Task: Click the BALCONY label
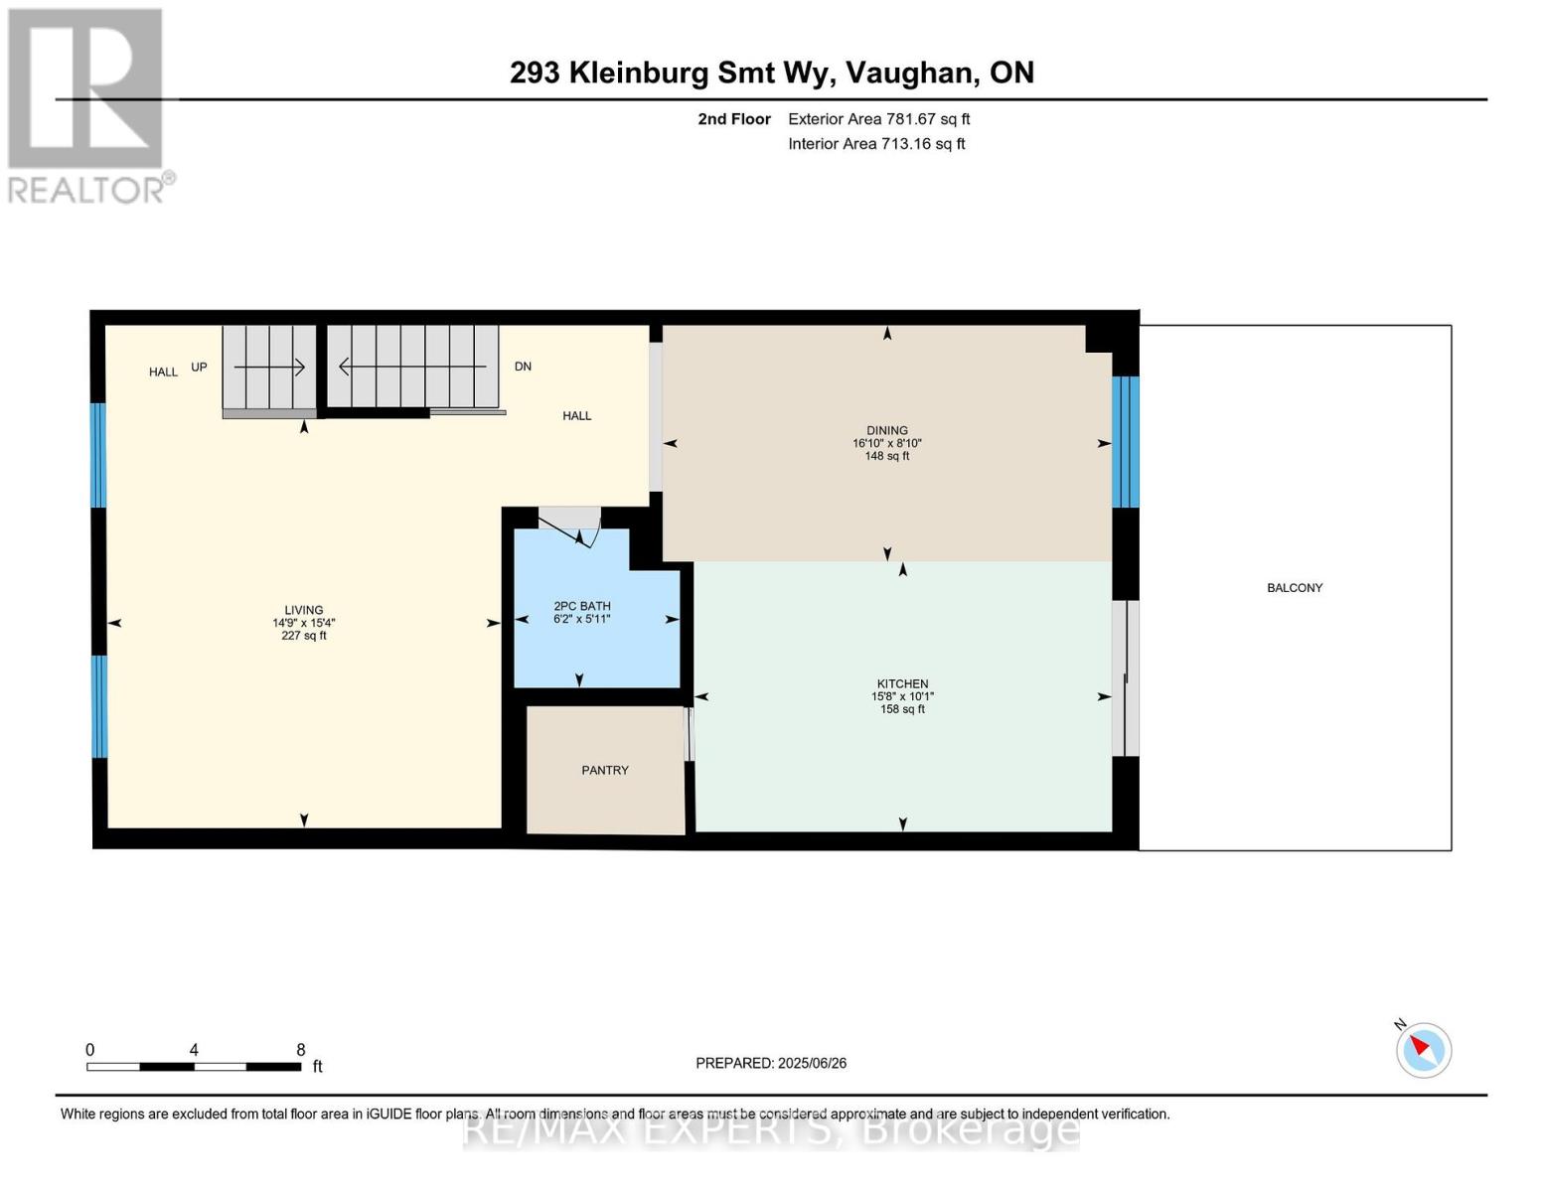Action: (1294, 588)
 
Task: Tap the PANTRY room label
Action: (604, 770)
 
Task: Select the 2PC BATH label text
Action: (582, 606)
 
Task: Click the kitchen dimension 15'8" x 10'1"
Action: (902, 697)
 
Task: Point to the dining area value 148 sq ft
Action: (886, 457)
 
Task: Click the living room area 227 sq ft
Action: (303, 636)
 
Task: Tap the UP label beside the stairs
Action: (199, 367)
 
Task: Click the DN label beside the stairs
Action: (523, 367)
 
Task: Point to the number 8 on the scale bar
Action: (300, 1050)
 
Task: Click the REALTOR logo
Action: (87, 105)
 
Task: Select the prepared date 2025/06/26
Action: (812, 1063)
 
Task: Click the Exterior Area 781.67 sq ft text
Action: (878, 119)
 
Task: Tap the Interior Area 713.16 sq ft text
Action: (876, 144)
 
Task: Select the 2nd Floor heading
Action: (733, 119)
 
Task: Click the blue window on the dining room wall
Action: (1125, 442)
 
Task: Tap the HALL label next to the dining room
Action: (576, 416)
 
